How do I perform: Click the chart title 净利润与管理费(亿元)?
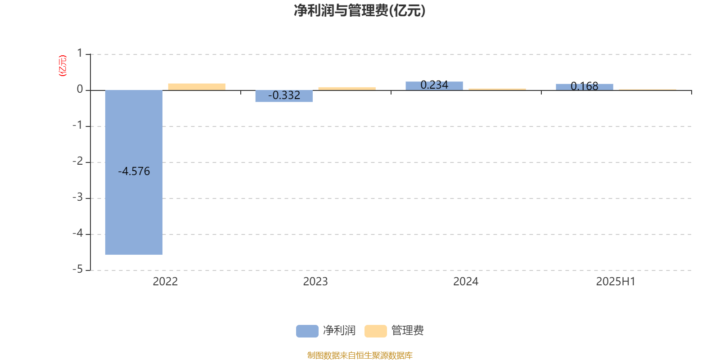pos(360,11)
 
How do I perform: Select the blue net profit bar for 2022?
pos(134,172)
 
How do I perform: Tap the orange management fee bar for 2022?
pos(197,87)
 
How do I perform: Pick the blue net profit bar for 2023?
pos(284,96)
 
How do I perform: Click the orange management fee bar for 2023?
pos(347,88)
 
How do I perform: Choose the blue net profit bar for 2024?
pos(434,86)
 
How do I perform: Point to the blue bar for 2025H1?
pos(585,87)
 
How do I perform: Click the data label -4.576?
pos(134,171)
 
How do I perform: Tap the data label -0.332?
pos(284,95)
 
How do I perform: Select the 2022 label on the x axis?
pos(165,282)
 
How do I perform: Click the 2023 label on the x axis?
pos(315,282)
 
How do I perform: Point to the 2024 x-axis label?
pos(466,282)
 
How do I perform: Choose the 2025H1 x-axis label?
pos(616,282)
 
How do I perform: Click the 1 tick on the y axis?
pos(80,53)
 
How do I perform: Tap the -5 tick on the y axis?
pos(78,270)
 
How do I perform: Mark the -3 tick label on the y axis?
pos(78,198)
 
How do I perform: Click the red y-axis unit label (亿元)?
pos(63,66)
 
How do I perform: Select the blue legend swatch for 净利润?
pos(307,331)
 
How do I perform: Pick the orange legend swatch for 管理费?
pos(375,331)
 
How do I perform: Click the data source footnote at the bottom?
pos(360,355)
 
